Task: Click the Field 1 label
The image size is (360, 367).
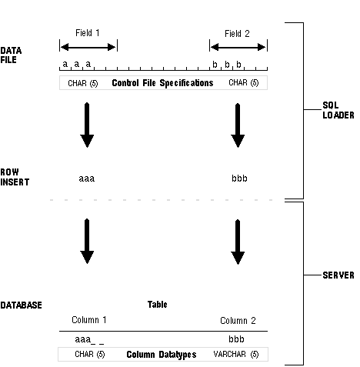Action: [87, 33]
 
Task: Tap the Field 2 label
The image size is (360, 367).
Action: [237, 34]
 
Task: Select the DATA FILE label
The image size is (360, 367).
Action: [11, 55]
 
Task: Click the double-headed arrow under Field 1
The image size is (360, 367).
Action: [88, 47]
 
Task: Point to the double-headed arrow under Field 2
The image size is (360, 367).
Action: [238, 47]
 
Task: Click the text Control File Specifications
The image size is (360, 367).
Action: [162, 83]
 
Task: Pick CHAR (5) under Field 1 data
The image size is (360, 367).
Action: [83, 83]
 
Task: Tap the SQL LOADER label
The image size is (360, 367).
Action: [338, 110]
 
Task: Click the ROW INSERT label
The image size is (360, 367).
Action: [15, 177]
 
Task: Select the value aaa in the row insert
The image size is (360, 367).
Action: [87, 178]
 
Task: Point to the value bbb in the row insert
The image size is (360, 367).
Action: [239, 178]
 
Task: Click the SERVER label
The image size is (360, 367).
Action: [338, 275]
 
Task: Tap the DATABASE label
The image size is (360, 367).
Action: [21, 305]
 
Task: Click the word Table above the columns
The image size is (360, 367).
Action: [158, 305]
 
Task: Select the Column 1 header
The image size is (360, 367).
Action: [89, 320]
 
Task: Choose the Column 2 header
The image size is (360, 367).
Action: [238, 321]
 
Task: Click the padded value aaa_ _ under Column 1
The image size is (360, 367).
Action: [89, 339]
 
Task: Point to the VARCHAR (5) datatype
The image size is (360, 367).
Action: [236, 354]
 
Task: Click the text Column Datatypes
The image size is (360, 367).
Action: [162, 355]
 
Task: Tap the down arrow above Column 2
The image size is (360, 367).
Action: [238, 242]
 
